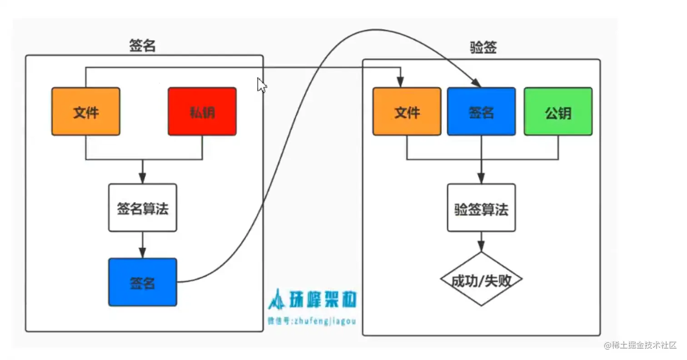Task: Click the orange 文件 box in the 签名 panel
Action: (x=86, y=112)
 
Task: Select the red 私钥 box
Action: (x=202, y=112)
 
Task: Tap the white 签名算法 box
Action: (x=143, y=208)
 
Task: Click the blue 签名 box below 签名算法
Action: (x=143, y=282)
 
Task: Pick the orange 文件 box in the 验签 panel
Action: (x=407, y=112)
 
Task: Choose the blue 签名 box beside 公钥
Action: (x=481, y=112)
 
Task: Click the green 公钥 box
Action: (x=558, y=112)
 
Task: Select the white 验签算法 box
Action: (x=481, y=208)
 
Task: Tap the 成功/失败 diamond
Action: (x=481, y=280)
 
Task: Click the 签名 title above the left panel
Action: (x=143, y=46)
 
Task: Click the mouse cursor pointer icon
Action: (x=261, y=85)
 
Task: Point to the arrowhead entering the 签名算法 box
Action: (x=143, y=179)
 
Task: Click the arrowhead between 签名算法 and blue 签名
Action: (x=143, y=253)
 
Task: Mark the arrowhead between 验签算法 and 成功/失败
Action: (x=481, y=247)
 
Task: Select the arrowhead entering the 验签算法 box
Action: (x=481, y=179)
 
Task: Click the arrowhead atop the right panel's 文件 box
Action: (x=400, y=83)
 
